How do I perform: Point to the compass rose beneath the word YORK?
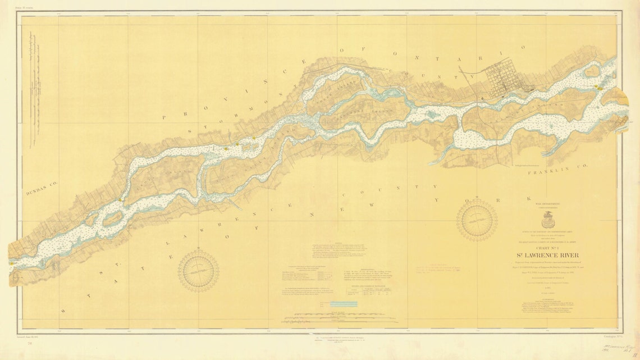[477, 220]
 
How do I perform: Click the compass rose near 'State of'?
[198, 271]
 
